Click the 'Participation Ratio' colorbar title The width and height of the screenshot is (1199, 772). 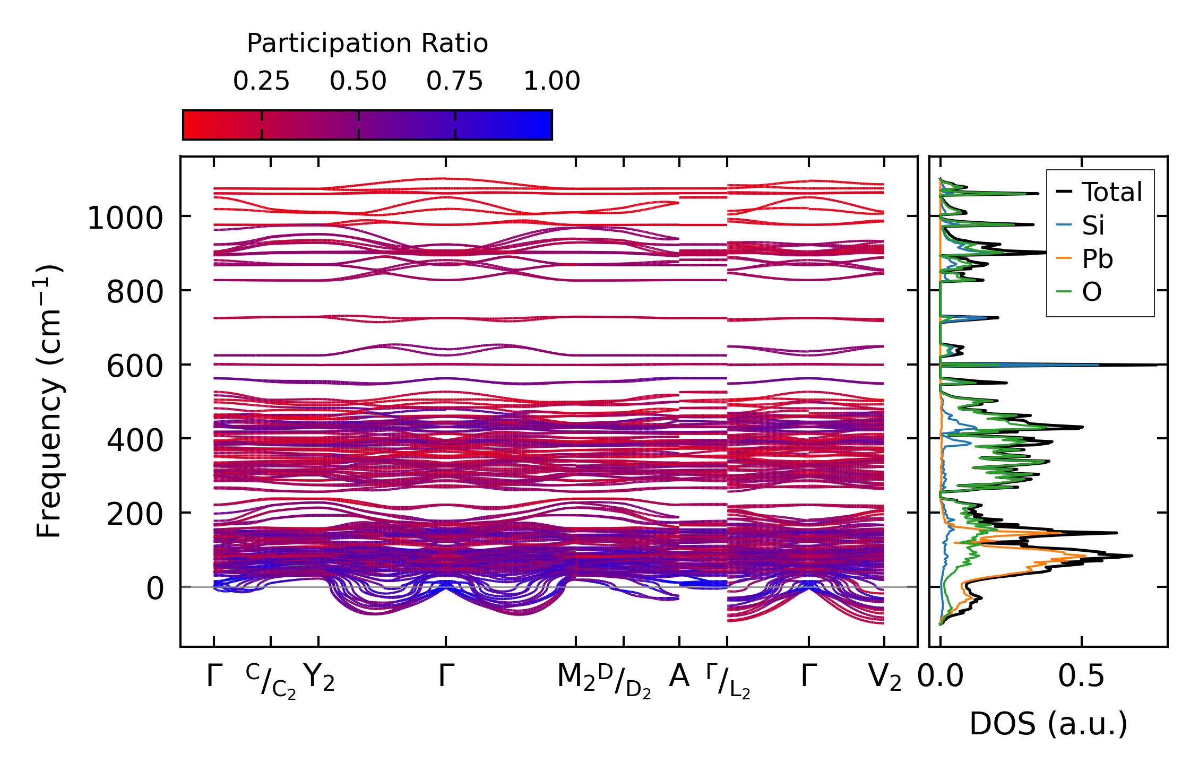click(367, 44)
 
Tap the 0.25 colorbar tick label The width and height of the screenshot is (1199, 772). click(261, 81)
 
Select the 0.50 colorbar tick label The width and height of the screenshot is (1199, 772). click(358, 81)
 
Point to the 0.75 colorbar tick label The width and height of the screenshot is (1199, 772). click(455, 81)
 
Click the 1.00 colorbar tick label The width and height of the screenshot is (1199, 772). click(552, 81)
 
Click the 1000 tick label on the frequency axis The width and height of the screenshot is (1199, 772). click(125, 218)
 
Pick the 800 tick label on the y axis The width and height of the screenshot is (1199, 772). click(135, 292)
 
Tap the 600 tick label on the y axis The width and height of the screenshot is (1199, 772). click(135, 366)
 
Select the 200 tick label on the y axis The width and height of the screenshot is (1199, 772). click(135, 514)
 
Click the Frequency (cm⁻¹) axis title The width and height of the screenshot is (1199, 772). click(49, 401)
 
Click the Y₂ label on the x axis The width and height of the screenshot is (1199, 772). click(319, 678)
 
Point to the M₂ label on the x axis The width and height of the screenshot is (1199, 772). click(576, 678)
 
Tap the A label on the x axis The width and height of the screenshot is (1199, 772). click(679, 676)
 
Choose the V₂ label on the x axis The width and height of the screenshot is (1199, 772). click(885, 678)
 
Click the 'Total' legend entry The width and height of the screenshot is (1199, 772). click(1111, 192)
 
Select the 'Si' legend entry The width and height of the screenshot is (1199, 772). click(1093, 225)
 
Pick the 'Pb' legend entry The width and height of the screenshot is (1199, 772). click(1097, 259)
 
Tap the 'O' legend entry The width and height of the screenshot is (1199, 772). click(1092, 292)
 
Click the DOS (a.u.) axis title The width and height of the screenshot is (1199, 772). click(1048, 724)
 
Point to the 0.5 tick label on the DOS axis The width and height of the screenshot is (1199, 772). click(1081, 676)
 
